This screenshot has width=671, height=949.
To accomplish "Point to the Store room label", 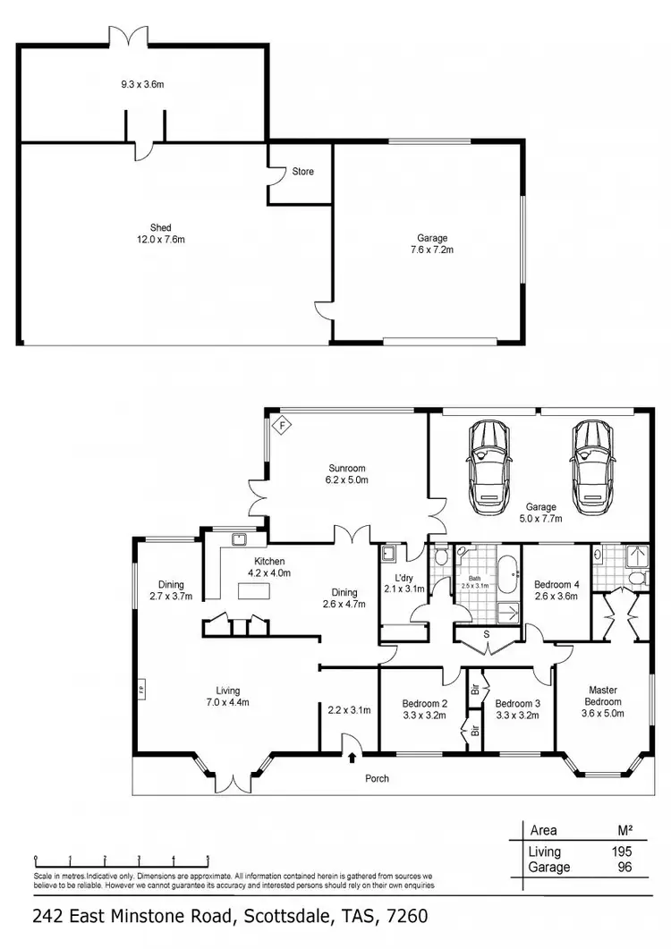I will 302,171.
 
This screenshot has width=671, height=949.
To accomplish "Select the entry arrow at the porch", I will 351,757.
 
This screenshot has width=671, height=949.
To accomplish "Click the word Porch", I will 378,778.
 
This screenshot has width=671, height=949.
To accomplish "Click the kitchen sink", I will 239,539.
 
